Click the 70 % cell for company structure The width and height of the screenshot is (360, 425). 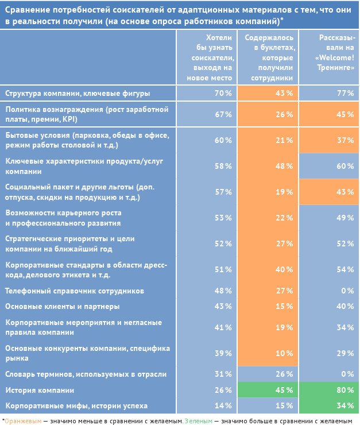tap(207, 93)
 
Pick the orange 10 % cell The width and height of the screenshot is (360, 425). tap(268, 353)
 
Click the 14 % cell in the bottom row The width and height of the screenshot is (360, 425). tap(207, 405)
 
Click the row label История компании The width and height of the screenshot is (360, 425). tap(40, 390)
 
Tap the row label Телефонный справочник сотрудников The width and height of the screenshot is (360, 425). tap(74, 291)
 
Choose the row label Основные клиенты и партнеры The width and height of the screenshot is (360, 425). tap(62, 306)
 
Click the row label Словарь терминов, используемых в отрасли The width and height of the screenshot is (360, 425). tap(86, 374)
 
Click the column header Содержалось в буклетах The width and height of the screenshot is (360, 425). tap(268, 57)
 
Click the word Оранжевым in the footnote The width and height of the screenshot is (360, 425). tap(22, 420)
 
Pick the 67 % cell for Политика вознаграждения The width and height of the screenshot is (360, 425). tap(207, 114)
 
